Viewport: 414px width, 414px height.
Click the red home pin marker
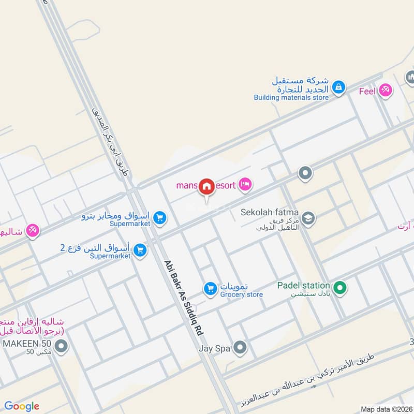pos(207,187)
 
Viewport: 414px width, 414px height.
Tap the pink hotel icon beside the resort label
pos(245,184)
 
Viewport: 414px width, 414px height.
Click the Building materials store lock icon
pos(338,87)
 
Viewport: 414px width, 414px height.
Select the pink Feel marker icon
pos(385,91)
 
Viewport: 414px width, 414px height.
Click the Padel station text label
pos(303,285)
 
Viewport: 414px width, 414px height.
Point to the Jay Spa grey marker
pos(239,348)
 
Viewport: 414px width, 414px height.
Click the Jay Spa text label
pos(214,349)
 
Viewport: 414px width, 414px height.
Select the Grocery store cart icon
pos(210,289)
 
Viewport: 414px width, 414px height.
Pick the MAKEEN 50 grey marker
pos(62,346)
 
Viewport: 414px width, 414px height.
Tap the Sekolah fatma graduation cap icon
pos(308,217)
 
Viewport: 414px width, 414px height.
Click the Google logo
pos(21,406)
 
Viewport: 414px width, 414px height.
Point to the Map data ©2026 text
pos(386,409)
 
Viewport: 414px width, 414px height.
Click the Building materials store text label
pos(291,97)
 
